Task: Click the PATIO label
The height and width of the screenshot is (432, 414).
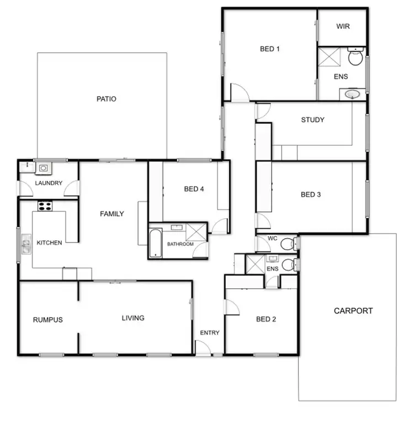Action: [106, 99]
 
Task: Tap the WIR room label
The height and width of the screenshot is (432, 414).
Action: [343, 27]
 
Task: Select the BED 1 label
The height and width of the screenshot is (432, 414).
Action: [270, 49]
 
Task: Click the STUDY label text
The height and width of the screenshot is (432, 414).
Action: [312, 120]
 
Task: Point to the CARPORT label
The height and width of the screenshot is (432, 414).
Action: [353, 311]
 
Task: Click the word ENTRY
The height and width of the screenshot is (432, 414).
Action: [210, 333]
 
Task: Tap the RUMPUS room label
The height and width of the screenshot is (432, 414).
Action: [47, 319]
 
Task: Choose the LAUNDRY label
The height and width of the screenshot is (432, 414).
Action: [49, 183]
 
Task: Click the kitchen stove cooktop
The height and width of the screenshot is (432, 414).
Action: [45, 206]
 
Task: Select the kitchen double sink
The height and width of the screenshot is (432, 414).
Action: [26, 244]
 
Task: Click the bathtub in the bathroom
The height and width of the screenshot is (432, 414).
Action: [156, 244]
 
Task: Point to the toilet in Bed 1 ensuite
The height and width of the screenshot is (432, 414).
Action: [356, 57]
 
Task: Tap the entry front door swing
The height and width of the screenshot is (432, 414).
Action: [203, 348]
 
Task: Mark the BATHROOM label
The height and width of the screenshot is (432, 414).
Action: [181, 244]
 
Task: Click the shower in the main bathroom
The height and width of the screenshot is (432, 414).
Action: [196, 232]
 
